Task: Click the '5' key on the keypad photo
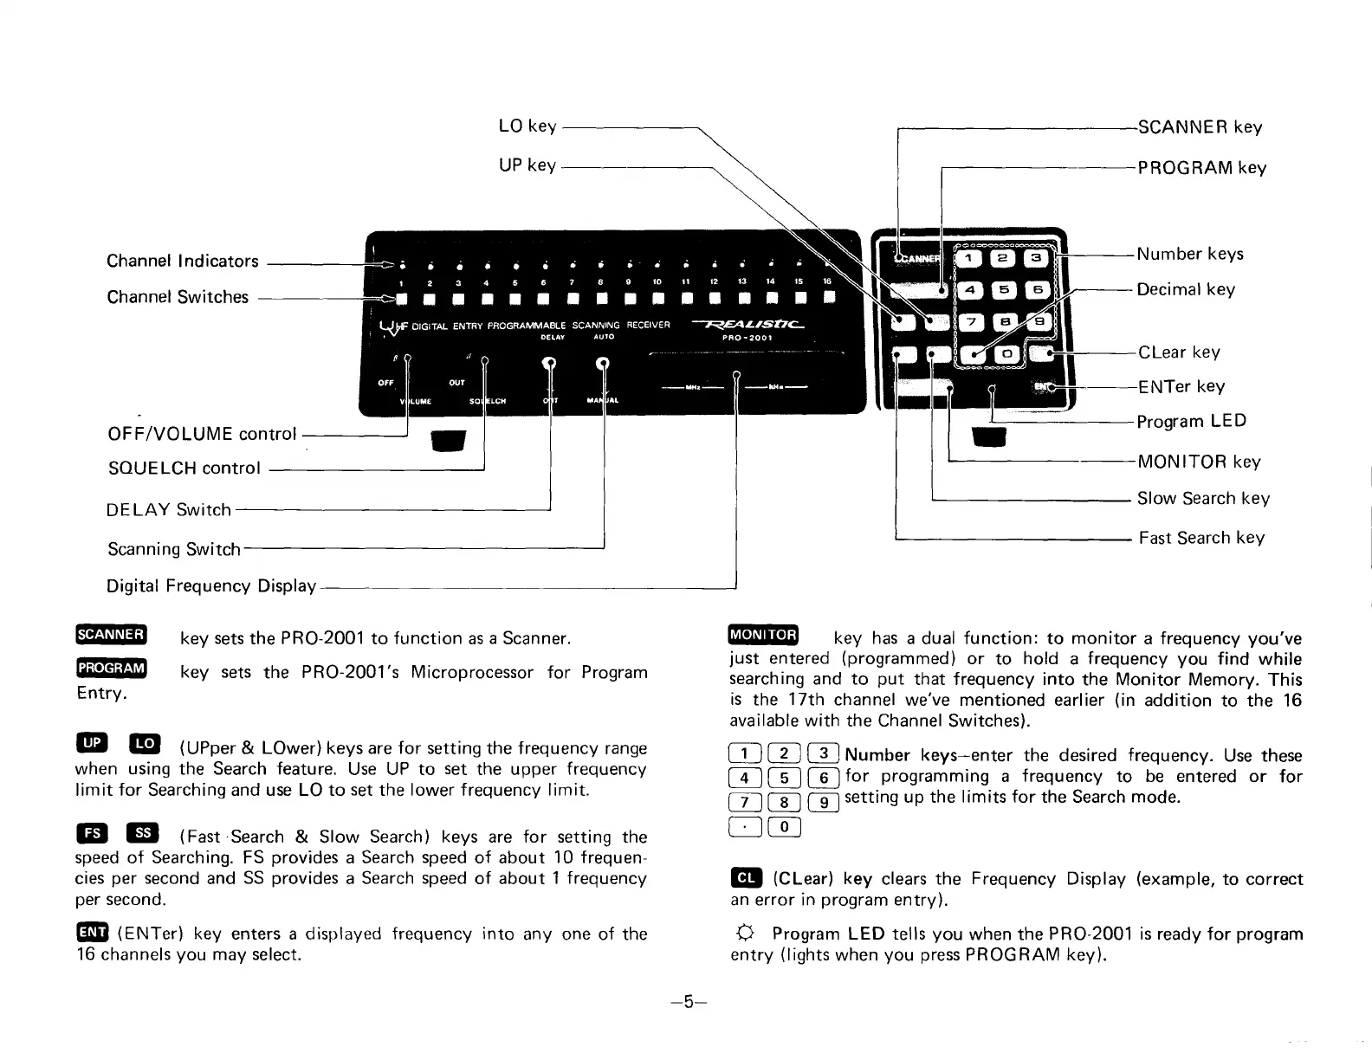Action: tap(1005, 290)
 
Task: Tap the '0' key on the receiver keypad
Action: tap(1006, 353)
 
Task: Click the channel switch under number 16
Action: tap(828, 300)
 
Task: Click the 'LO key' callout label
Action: tap(527, 126)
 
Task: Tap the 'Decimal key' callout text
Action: tap(1186, 289)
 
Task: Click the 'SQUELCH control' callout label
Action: tap(184, 469)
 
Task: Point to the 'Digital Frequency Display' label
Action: tap(211, 586)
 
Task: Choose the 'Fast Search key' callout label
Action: tap(1201, 538)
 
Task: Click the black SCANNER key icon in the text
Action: tap(112, 635)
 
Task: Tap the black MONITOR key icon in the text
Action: tap(763, 635)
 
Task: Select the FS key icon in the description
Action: tap(92, 834)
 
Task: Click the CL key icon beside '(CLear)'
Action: tap(745, 878)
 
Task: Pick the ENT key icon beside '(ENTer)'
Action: tap(92, 932)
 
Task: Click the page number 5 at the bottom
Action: tap(688, 1002)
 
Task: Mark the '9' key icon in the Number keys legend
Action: tap(825, 802)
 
